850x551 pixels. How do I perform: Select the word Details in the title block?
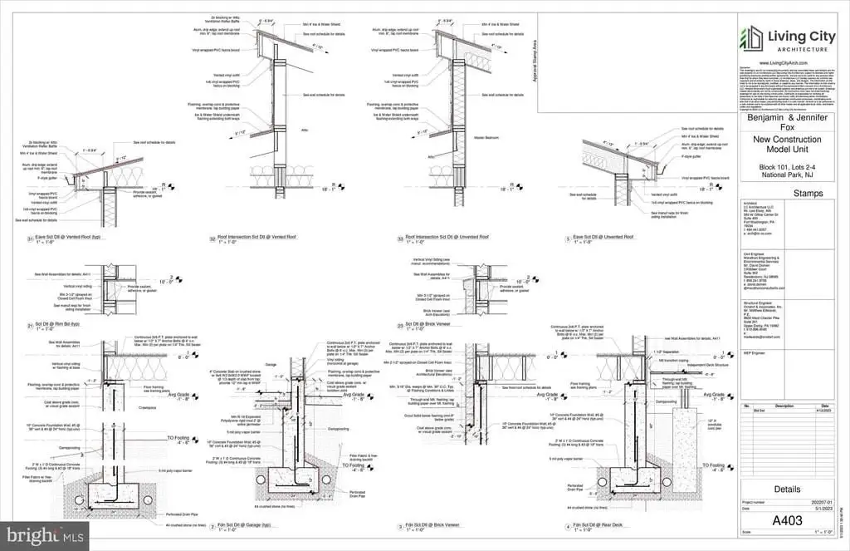pos(786,489)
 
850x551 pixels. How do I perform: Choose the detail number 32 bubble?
pos(213,239)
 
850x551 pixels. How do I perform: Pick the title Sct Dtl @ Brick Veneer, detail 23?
pos(426,324)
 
